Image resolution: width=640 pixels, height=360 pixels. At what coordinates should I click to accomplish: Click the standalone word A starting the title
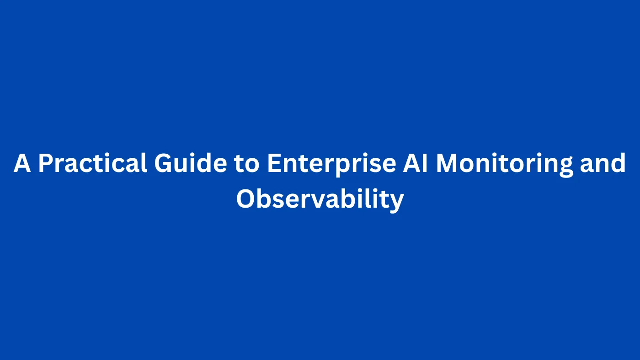(22, 163)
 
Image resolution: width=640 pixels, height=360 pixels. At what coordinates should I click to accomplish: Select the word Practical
(93, 163)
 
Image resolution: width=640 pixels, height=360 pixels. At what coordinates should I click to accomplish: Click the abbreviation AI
(416, 163)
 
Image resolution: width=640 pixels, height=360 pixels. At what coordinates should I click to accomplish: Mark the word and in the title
(603, 163)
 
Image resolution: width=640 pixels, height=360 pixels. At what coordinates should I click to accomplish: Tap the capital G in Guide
(163, 163)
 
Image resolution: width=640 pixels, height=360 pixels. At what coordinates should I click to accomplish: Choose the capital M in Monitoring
(447, 163)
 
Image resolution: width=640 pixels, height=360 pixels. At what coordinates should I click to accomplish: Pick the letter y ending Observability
(397, 202)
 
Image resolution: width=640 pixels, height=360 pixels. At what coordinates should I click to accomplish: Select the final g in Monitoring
(566, 166)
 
